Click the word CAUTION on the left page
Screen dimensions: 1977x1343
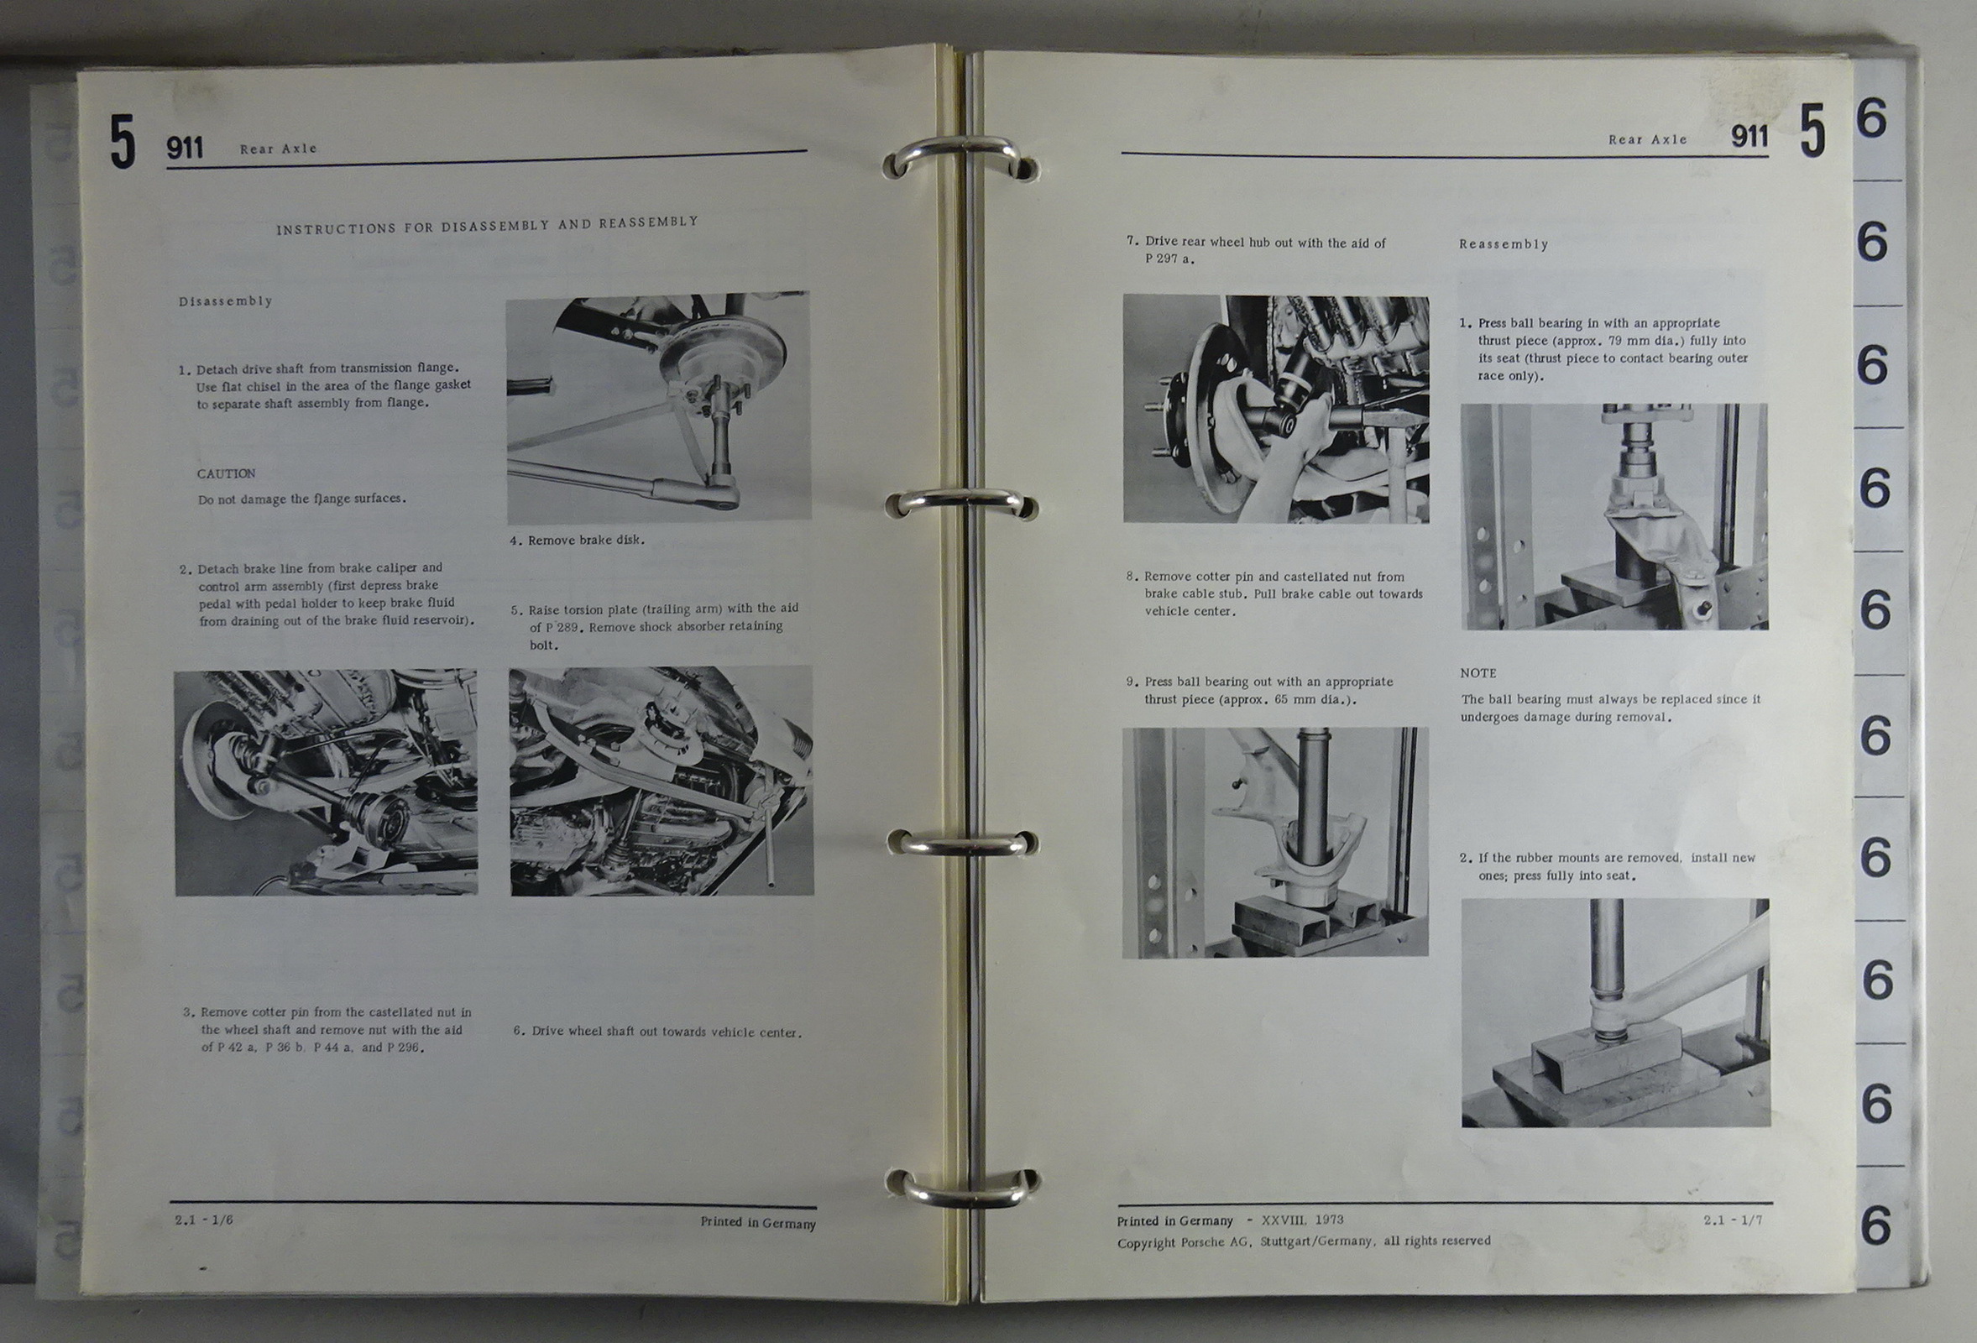point(227,473)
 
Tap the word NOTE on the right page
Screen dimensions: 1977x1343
point(1478,673)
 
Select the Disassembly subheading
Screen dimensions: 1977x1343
point(226,301)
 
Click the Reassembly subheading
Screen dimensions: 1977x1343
point(1504,244)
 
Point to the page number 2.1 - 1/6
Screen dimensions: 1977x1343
point(204,1220)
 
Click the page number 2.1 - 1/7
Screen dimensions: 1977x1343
point(1733,1220)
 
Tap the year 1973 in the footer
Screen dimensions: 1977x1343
point(1330,1220)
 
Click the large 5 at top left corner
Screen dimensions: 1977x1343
point(123,142)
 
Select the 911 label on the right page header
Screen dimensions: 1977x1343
point(1749,137)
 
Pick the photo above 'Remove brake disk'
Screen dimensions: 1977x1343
point(658,407)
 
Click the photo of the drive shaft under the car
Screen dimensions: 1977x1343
point(326,782)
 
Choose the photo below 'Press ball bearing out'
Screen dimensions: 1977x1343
point(1275,842)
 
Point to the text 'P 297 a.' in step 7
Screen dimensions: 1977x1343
point(1169,259)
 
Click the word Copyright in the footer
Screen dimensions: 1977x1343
point(1146,1242)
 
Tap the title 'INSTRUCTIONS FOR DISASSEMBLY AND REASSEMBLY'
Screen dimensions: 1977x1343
point(488,226)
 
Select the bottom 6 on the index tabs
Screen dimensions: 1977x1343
point(1876,1225)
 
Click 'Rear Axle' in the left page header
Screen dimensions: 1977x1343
point(278,149)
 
